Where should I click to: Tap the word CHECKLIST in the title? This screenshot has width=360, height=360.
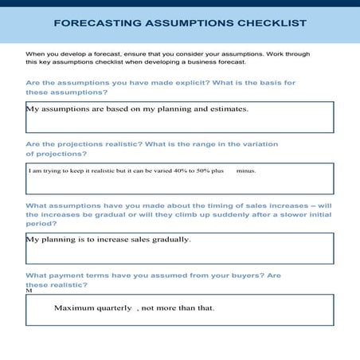tap(269, 23)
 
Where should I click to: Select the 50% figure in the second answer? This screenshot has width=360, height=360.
tap(196, 170)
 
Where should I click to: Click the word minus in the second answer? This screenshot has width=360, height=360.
tap(246, 170)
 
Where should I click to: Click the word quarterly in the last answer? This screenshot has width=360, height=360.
tap(115, 307)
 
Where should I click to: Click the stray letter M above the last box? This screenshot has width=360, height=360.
tap(29, 292)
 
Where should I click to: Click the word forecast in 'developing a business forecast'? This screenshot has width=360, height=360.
tap(229, 61)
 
